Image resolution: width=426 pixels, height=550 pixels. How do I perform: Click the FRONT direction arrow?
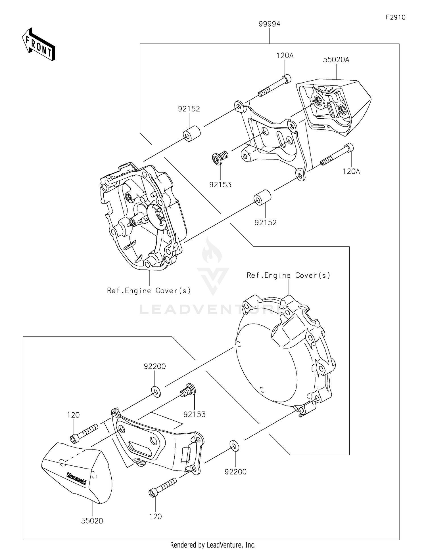point(39,45)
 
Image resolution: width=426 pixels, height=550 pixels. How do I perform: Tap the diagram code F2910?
point(395,18)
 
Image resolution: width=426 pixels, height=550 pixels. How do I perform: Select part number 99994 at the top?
point(269,24)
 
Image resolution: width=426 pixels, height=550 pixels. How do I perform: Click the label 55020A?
point(336,60)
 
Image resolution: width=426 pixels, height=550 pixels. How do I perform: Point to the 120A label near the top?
point(285,56)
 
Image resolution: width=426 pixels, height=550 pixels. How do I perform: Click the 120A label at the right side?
point(351,171)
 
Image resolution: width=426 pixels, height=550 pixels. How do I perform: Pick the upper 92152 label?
point(189,109)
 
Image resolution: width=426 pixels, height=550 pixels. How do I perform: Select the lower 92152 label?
point(265,223)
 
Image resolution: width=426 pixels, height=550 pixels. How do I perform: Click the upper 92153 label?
point(220,185)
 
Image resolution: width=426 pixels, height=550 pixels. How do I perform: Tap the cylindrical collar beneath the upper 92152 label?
point(191,133)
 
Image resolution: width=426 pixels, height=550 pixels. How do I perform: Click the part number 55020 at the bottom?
point(92,521)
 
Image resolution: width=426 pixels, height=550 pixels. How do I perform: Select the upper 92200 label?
point(155,367)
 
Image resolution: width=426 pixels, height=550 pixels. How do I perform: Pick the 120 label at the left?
point(73,415)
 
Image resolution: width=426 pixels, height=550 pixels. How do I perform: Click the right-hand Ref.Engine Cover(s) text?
point(288,275)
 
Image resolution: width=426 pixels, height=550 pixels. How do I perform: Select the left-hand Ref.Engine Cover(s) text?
point(149,291)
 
